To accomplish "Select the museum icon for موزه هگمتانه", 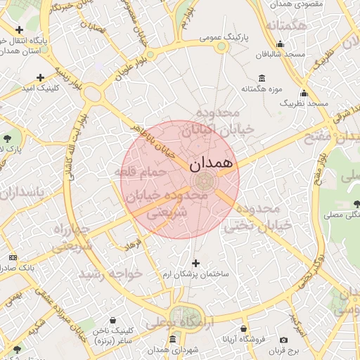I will pyautogui.click(x=262, y=78).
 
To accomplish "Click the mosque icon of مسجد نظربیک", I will pyautogui.click(x=304, y=93).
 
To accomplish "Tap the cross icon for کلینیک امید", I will pyautogui.click(x=40, y=77).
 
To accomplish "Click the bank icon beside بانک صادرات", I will pyautogui.click(x=12, y=258).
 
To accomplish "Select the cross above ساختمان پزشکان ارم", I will pyautogui.click(x=195, y=262).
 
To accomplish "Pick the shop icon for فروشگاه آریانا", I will pyautogui.click(x=244, y=328).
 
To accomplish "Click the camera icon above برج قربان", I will pyautogui.click(x=283, y=340).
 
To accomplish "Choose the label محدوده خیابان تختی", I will pyautogui.click(x=257, y=216).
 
